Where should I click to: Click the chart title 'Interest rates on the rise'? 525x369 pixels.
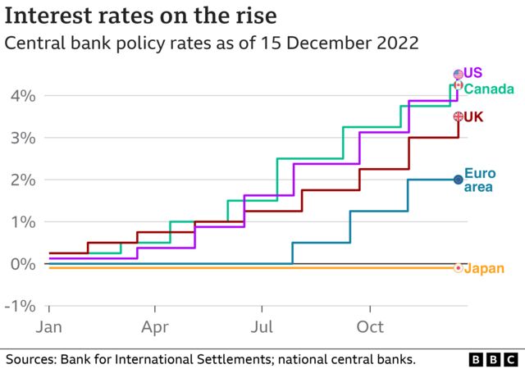point(140,16)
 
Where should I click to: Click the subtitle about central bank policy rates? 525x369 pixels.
point(212,43)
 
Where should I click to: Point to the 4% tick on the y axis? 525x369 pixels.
point(22,96)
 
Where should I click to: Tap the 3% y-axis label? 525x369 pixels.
point(22,138)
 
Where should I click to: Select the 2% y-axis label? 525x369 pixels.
point(22,180)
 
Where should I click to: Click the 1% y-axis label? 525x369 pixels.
point(22,221)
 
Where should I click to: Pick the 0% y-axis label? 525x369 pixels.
point(22,263)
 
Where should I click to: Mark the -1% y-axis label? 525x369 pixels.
point(20,306)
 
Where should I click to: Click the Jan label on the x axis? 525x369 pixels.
point(49,327)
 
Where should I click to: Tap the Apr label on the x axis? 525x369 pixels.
point(155,327)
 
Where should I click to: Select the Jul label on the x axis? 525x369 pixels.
point(261,327)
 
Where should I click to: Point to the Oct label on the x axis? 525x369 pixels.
point(370,327)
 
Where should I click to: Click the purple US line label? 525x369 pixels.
point(473,74)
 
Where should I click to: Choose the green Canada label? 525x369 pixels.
point(489,89)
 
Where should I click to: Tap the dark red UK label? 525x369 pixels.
point(473,117)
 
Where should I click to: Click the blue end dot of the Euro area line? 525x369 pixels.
point(459,179)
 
